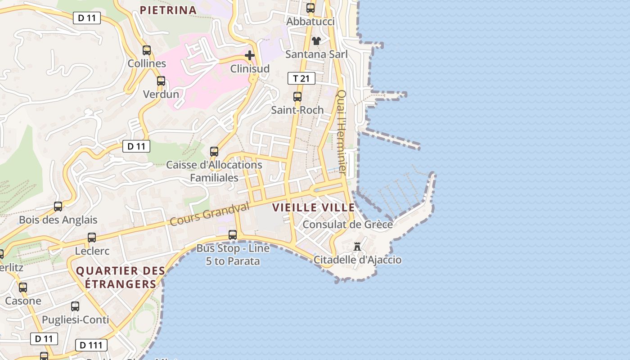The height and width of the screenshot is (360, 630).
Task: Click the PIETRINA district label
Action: [168, 10]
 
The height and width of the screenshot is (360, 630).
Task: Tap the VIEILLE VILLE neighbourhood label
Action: [313, 207]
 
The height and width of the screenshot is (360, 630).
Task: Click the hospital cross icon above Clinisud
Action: [250, 55]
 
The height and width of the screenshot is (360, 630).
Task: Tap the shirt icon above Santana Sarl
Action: [316, 41]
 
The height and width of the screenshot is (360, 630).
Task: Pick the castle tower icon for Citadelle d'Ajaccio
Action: [357, 246]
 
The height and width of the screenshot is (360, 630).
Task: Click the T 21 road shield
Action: [301, 78]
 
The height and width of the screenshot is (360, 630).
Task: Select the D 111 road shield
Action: [91, 345]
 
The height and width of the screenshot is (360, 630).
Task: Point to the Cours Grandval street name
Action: [210, 214]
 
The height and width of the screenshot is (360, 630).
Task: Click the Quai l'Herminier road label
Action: [342, 132]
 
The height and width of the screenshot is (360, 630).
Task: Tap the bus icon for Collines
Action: [147, 50]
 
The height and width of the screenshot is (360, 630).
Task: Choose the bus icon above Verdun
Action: [161, 81]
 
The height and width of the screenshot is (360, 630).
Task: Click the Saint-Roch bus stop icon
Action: [297, 97]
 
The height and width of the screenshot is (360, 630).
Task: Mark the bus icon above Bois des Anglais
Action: [58, 207]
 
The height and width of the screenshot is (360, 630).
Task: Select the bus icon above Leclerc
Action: [92, 237]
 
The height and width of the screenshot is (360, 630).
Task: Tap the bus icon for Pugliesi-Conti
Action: [75, 306]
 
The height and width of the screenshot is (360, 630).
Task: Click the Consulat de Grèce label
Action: [347, 225]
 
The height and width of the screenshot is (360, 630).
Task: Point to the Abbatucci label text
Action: [310, 22]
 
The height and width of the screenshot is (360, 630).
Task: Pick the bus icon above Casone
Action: [23, 287]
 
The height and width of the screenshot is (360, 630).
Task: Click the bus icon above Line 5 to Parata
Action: [233, 234]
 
